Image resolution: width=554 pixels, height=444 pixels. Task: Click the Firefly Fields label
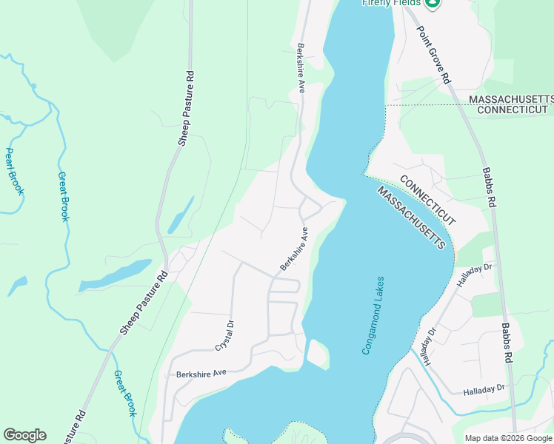390,3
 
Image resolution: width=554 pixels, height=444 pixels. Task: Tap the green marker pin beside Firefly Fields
433,3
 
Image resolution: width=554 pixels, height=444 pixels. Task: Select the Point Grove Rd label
435,55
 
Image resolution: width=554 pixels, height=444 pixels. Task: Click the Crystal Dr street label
224,335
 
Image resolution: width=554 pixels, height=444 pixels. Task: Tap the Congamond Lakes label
374,315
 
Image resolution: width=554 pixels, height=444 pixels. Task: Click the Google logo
24,435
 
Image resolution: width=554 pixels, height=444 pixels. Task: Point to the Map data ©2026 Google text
509,438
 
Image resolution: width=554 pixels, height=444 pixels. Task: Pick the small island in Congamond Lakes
318,353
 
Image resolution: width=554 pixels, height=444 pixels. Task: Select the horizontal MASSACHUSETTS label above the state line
511,99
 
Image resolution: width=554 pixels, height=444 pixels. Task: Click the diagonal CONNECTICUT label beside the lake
428,201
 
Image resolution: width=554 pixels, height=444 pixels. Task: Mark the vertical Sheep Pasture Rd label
190,109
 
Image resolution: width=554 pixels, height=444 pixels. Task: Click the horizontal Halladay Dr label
484,388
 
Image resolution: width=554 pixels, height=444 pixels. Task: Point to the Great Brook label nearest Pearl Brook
64,197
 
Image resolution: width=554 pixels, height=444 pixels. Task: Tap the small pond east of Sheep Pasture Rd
180,215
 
